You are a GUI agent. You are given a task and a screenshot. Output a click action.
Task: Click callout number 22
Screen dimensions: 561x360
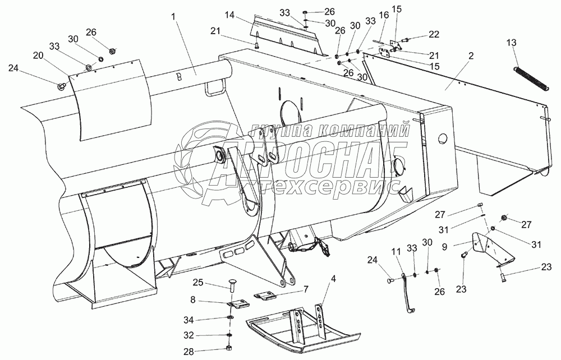coord(434,34)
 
